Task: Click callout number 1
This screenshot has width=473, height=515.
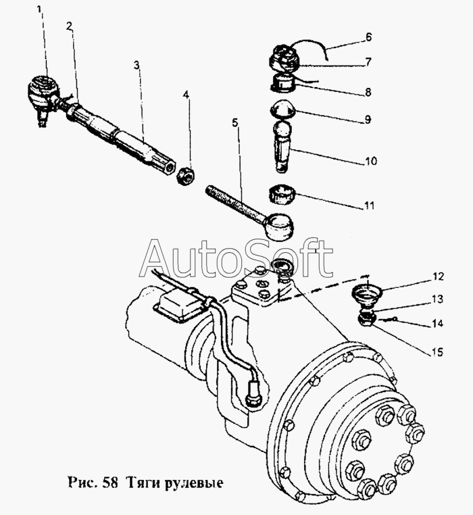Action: (x=41, y=9)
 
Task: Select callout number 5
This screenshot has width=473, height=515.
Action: (x=235, y=123)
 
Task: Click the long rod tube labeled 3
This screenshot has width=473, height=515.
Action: (x=132, y=138)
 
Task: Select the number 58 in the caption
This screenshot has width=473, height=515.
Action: (x=110, y=483)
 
